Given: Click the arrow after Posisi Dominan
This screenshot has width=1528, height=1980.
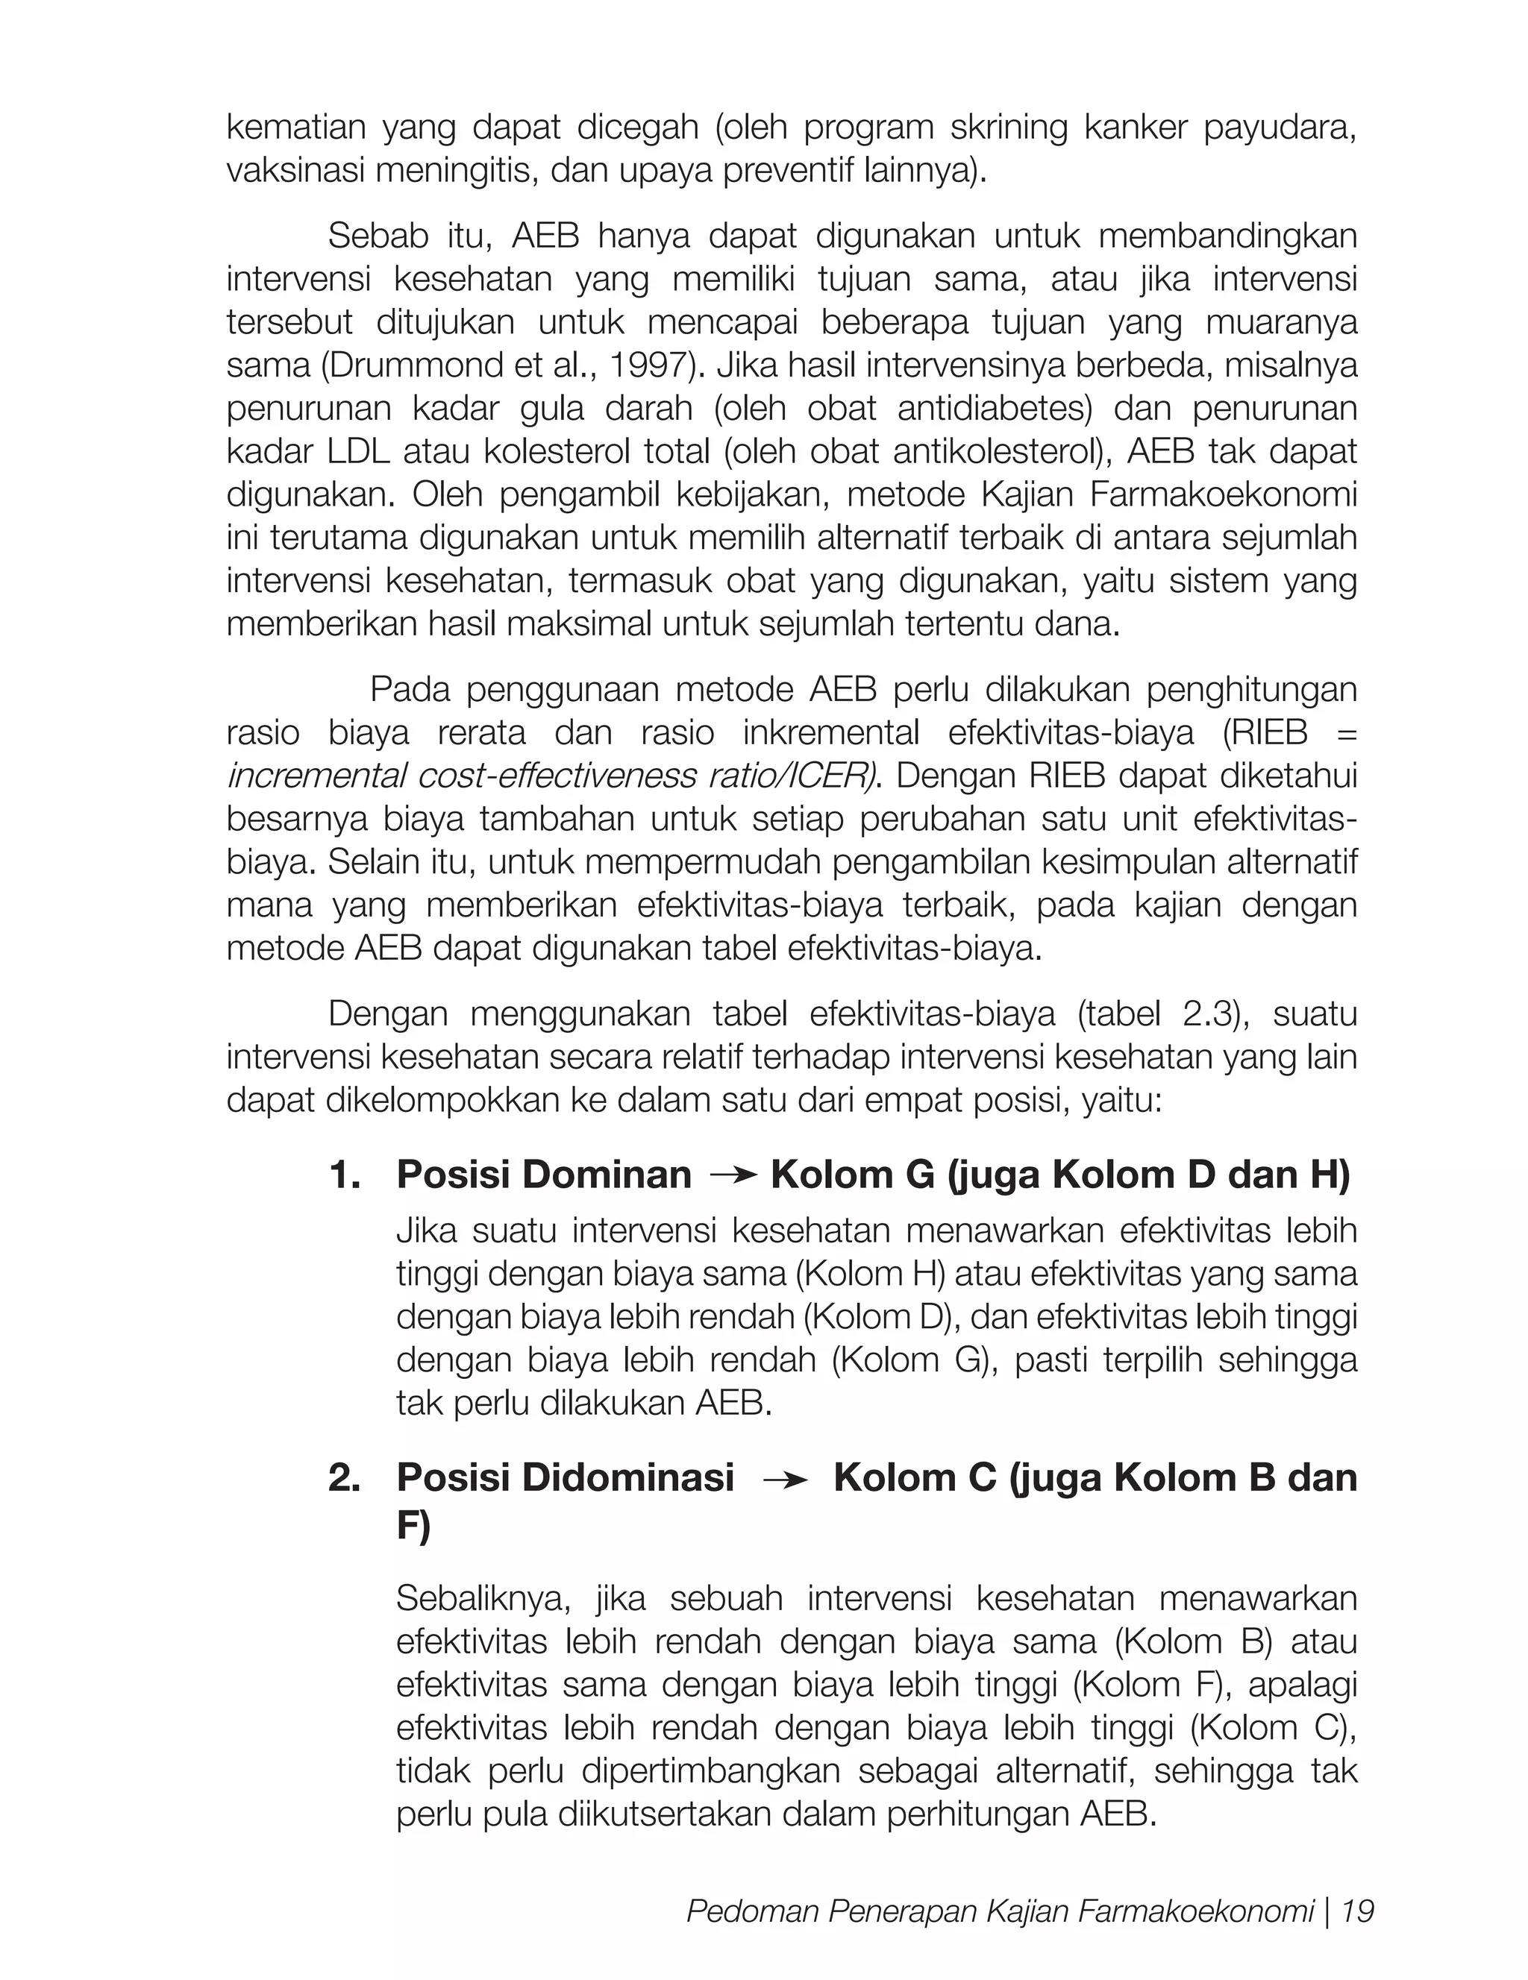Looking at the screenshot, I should point(733,1176).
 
